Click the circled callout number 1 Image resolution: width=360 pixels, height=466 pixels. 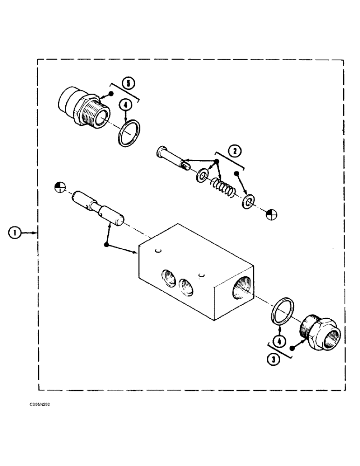click(16, 232)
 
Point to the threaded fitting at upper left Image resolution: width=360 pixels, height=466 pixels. click(84, 107)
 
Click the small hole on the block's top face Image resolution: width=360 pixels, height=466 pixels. click(159, 252)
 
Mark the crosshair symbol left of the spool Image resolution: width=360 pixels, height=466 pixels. click(59, 186)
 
